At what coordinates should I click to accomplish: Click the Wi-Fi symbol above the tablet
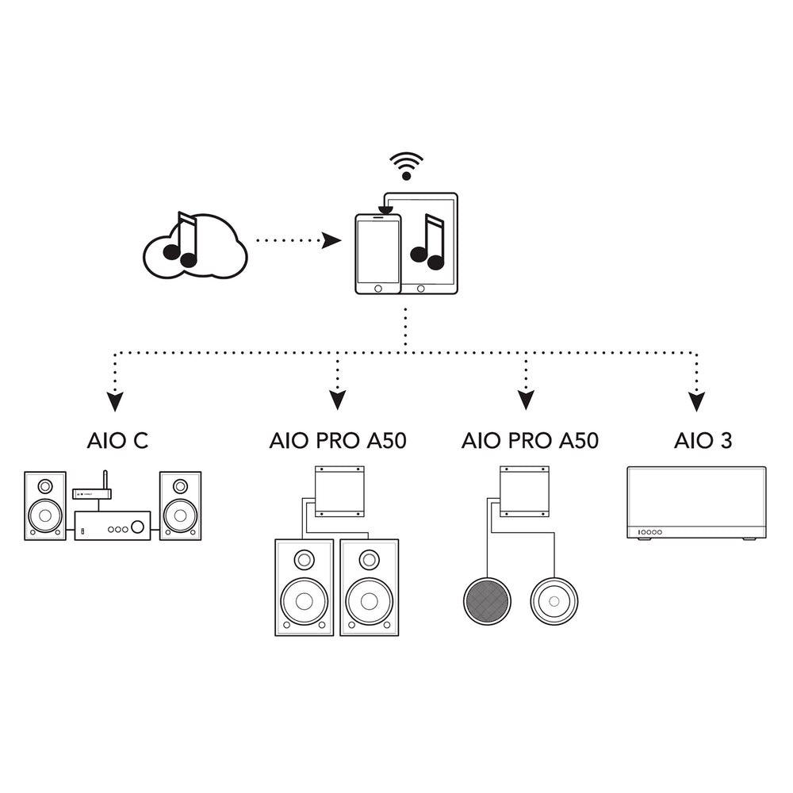pos(406,165)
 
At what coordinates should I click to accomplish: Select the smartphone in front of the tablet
pos(377,254)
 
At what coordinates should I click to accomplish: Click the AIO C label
pos(117,441)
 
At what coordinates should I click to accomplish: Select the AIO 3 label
pos(703,441)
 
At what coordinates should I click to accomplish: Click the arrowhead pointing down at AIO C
pos(116,401)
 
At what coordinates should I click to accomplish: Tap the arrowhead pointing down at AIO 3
pos(696,401)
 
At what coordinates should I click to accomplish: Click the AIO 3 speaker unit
pos(696,503)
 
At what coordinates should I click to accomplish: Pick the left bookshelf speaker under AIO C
pos(45,506)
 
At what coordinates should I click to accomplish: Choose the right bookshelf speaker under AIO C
pos(180,506)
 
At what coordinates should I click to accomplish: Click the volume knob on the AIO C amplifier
pos(138,526)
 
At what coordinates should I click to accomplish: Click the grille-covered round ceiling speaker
pos(486,600)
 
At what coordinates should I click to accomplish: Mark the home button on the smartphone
pos(377,287)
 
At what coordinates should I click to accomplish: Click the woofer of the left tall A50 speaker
pos(305,598)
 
